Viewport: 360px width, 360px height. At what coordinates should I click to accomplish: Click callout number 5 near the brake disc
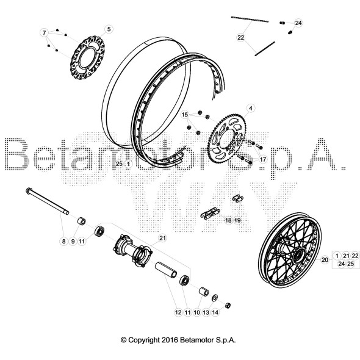pyautogui.click(x=109, y=29)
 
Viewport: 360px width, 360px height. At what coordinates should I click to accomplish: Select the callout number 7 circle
pyautogui.click(x=44, y=32)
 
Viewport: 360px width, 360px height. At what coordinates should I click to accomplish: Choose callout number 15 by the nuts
pyautogui.click(x=185, y=115)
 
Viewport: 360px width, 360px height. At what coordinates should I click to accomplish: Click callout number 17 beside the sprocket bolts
pyautogui.click(x=263, y=159)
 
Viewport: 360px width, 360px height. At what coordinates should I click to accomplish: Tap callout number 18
pyautogui.click(x=228, y=220)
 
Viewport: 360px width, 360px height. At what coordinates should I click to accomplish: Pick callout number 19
pyautogui.click(x=238, y=220)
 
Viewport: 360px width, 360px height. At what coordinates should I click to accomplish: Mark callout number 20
pyautogui.click(x=325, y=259)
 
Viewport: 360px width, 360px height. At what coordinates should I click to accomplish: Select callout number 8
pyautogui.click(x=63, y=242)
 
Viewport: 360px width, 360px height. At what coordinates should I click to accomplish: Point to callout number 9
pyautogui.click(x=72, y=242)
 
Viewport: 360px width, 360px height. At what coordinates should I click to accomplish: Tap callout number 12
pyautogui.click(x=178, y=312)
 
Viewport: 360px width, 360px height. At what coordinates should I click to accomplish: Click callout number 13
pyautogui.click(x=206, y=312)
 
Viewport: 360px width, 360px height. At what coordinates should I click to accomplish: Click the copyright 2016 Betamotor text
pyautogui.click(x=178, y=340)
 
